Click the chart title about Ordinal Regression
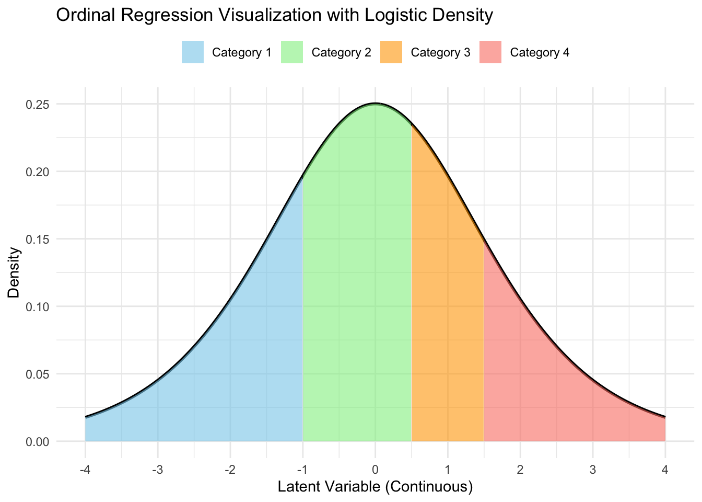[x=274, y=16]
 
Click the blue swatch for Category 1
[x=193, y=52]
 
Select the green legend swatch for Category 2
[x=292, y=52]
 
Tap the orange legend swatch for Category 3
[x=391, y=52]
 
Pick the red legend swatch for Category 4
[x=490, y=52]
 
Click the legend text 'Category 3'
[x=441, y=53]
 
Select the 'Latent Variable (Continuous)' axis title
[x=375, y=487]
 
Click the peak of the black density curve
[x=375, y=104]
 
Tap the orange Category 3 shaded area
[x=448, y=314]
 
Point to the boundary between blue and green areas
[x=303, y=314]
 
